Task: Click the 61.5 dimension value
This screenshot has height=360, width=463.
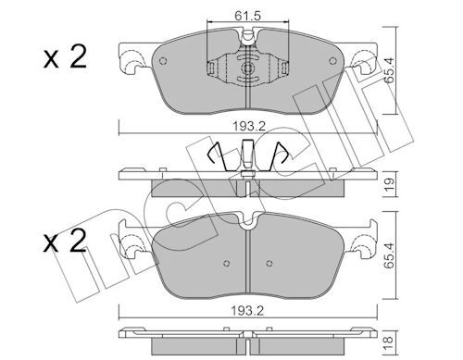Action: click(247, 16)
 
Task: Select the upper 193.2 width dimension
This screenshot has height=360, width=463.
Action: click(249, 126)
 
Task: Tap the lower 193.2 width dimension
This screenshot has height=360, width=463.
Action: click(248, 311)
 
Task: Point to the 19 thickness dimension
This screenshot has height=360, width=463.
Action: click(390, 184)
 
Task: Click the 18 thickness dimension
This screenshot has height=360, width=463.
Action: click(389, 341)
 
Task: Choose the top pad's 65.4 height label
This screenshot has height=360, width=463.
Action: click(390, 70)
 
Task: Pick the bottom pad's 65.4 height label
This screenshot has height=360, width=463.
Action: click(390, 255)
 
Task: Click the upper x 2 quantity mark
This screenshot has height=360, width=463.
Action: click(66, 57)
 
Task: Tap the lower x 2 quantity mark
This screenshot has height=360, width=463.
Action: click(66, 242)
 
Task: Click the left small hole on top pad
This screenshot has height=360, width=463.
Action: click(163, 61)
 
